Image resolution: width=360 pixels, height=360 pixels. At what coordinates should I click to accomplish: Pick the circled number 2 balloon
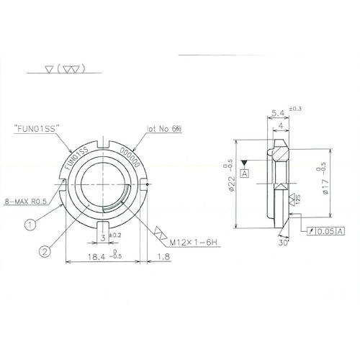[x=44, y=251]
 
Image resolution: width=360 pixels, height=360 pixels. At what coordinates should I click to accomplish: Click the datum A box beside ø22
[x=246, y=174]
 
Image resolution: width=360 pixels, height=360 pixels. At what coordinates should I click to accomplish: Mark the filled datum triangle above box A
[x=246, y=163]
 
